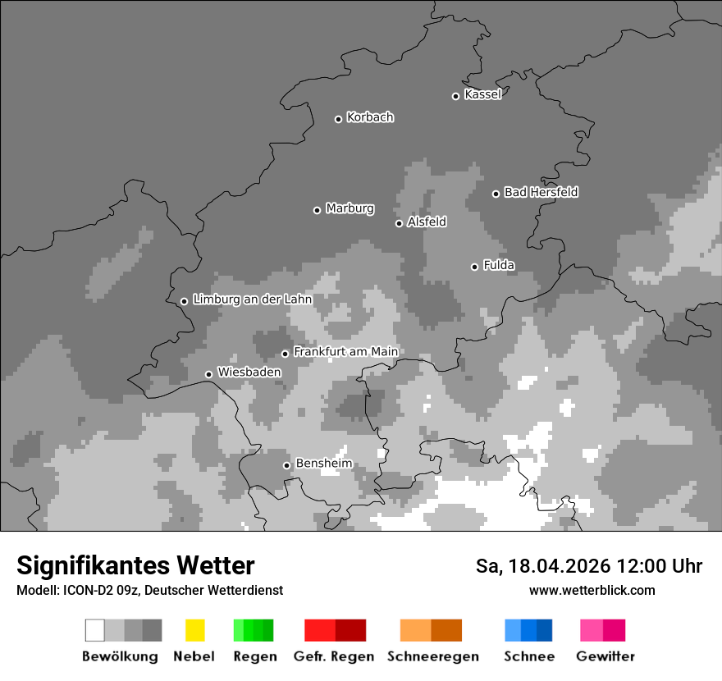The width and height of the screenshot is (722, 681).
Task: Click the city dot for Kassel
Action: [456, 96]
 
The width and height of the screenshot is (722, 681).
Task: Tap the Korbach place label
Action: [370, 117]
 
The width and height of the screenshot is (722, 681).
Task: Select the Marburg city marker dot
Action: [318, 210]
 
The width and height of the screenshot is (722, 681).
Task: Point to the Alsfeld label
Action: [427, 222]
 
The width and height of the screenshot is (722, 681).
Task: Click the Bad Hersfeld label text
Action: [541, 192]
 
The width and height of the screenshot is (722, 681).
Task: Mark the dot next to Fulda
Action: [474, 267]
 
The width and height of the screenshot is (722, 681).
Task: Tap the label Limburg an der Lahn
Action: [252, 299]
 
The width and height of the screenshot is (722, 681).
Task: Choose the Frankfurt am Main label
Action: [345, 351]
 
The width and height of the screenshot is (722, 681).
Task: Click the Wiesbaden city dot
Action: [209, 374]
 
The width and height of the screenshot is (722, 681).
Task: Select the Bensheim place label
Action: [323, 464]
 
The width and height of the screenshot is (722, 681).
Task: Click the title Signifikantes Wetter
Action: [136, 566]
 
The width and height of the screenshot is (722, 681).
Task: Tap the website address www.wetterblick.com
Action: [592, 590]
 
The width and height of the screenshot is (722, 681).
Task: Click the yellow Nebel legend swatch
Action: [194, 630]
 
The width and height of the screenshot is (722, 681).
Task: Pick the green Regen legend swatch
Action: [254, 630]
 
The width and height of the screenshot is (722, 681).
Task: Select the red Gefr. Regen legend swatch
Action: [335, 630]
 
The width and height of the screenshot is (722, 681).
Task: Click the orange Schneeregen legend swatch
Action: [431, 630]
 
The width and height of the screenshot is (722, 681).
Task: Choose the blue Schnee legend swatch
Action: [528, 630]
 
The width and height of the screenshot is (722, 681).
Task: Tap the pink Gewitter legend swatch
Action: [602, 630]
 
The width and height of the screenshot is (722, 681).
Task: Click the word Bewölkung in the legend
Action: [120, 656]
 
